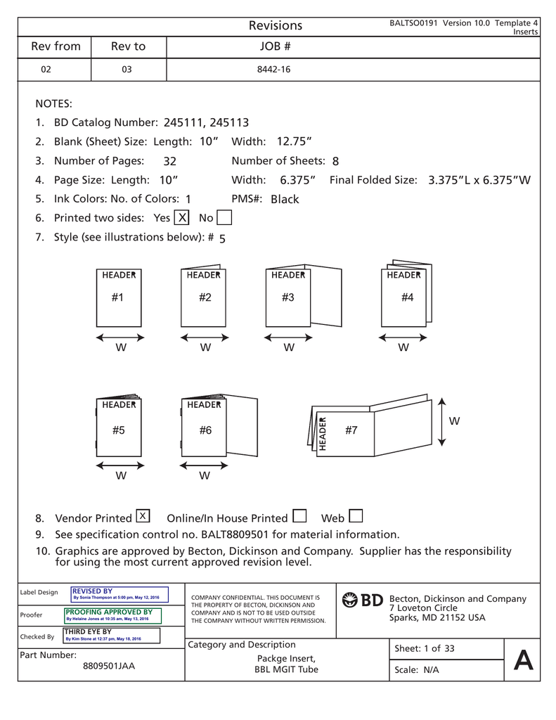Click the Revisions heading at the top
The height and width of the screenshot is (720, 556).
click(276, 25)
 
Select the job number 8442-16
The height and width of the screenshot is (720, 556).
click(275, 70)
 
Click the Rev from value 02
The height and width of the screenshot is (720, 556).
click(46, 70)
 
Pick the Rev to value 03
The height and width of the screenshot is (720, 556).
click(127, 70)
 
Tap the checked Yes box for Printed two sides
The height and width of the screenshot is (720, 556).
click(182, 217)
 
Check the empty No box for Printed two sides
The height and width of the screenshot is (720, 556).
click(224, 217)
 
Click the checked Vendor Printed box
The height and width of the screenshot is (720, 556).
click(143, 517)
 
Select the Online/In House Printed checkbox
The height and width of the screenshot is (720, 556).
click(299, 517)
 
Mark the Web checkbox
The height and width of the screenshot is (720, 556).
click(355, 517)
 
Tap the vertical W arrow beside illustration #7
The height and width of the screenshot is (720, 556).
click(441, 421)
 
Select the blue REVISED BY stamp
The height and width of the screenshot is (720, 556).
click(116, 594)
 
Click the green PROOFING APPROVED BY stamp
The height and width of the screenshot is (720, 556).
click(112, 615)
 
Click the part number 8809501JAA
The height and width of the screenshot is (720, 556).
click(109, 667)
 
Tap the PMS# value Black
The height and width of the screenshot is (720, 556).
click(285, 199)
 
